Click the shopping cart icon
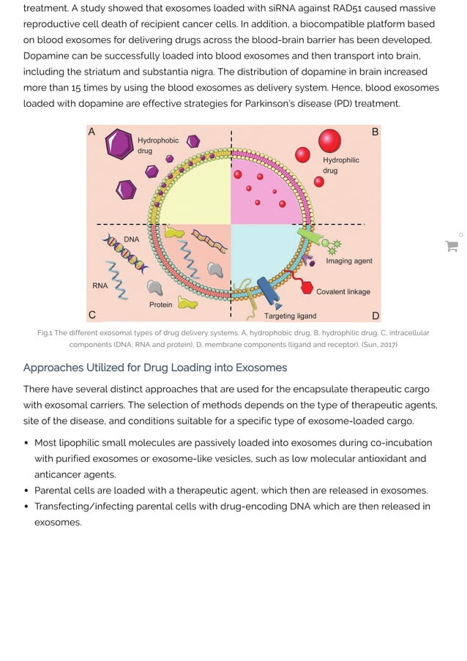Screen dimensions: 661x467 [x=452, y=247]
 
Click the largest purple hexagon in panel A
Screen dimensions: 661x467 [x=119, y=143]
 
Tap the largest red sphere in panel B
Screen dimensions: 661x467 [x=329, y=141]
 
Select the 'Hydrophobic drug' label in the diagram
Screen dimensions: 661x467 [x=158, y=146]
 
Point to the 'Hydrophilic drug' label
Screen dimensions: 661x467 [x=340, y=165]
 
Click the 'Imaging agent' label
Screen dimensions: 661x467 [x=348, y=261]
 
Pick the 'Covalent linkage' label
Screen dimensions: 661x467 [x=343, y=291]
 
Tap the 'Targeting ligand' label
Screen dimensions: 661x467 [x=290, y=315]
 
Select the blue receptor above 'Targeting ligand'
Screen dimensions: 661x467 [x=268, y=292]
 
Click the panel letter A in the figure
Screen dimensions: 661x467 [x=91, y=132]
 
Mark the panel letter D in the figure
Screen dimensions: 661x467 [x=376, y=315]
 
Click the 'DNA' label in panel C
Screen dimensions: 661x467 [x=131, y=239]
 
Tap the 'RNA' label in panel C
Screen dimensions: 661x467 [x=100, y=285]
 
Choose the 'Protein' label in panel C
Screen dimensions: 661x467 [x=160, y=305]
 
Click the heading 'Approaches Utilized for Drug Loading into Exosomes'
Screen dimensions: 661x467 [x=154, y=367]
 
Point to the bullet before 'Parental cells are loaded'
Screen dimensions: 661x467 [x=27, y=490]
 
